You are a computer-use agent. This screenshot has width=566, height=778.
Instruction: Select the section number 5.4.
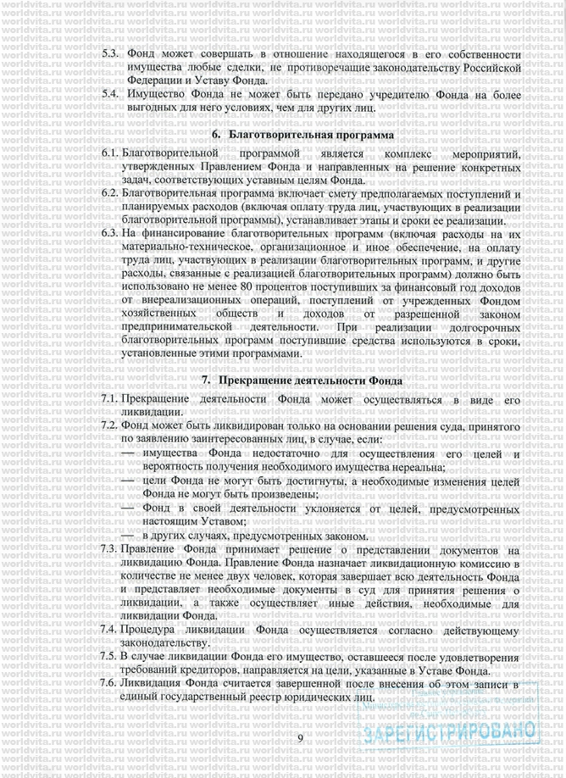109,95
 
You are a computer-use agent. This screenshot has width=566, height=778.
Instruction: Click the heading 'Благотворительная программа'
311,135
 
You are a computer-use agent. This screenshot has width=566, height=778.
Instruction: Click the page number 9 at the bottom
300,739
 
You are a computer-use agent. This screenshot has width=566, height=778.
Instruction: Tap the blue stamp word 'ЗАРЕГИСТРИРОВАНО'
450,731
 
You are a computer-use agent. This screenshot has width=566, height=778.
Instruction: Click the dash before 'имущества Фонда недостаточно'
127,454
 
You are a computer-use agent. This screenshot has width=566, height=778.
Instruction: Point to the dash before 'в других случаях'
127,536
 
